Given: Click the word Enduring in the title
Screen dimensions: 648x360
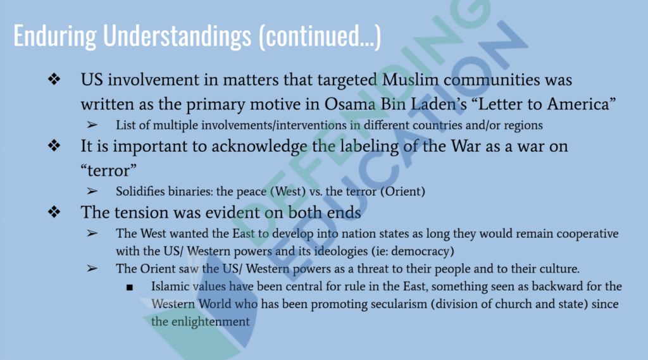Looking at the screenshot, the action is point(55,35).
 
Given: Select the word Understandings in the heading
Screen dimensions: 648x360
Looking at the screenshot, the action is point(177,35).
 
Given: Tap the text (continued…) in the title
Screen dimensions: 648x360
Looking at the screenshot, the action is point(320,36).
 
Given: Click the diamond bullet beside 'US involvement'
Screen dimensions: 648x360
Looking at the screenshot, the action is point(54,79).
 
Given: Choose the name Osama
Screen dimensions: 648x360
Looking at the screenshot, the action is point(350,104).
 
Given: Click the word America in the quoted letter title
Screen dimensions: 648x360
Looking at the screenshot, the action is point(582,104).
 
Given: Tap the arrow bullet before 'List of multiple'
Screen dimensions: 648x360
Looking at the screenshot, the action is point(92,125).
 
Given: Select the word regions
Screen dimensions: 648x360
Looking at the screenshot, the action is point(523,125).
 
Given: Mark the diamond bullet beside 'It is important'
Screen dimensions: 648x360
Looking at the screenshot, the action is point(54,146).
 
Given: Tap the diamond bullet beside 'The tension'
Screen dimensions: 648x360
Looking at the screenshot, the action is point(54,212).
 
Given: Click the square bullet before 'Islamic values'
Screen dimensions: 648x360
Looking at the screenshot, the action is point(130,287).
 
